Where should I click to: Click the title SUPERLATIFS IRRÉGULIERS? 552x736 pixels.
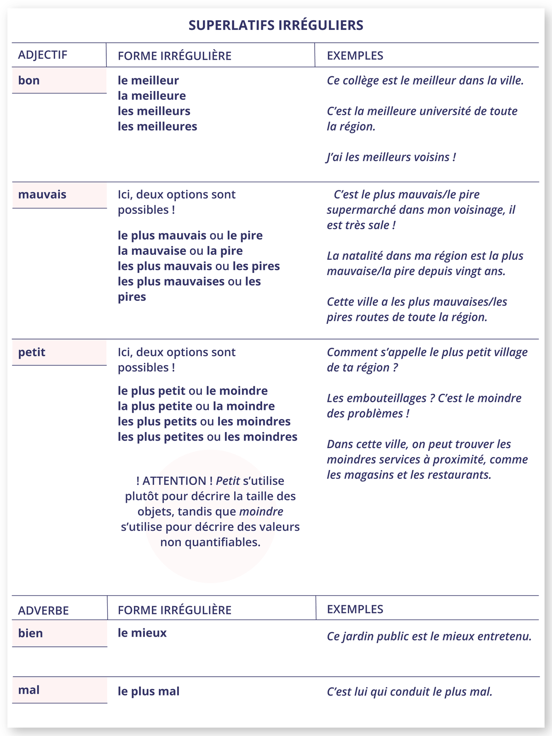click(276, 25)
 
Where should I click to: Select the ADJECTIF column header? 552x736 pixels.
click(42, 55)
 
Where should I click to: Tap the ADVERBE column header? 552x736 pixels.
click(43, 610)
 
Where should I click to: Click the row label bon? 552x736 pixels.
click(29, 80)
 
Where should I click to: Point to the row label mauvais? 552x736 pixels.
click(42, 195)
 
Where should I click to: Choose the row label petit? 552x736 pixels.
click(32, 352)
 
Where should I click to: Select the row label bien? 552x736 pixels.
click(30, 633)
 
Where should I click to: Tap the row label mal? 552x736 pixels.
click(29, 690)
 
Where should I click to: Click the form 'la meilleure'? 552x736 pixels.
click(152, 96)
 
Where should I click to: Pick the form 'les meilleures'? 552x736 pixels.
click(157, 126)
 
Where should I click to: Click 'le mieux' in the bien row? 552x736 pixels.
click(142, 633)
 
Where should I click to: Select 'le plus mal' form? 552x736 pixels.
click(149, 691)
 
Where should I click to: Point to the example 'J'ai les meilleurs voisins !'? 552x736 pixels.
click(391, 157)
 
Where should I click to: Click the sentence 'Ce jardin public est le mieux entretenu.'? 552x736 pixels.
click(429, 637)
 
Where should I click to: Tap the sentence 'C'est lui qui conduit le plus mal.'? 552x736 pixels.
click(409, 692)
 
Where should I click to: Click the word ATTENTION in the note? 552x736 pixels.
click(174, 481)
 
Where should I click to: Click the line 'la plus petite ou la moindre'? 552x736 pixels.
click(196, 406)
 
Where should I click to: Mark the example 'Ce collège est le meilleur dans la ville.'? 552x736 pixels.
click(425, 80)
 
